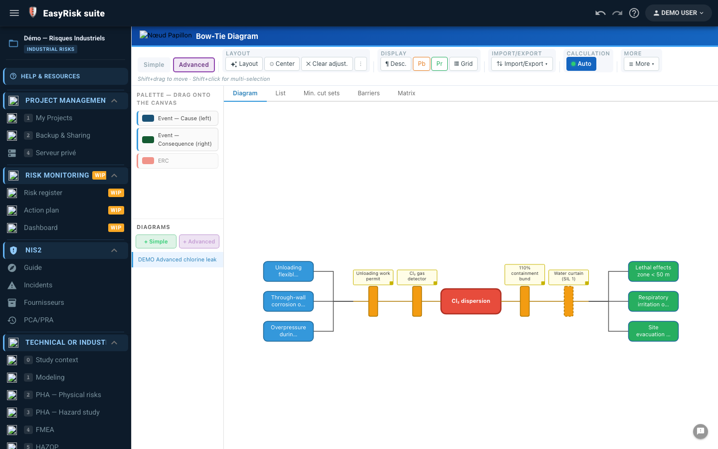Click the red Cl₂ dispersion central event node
coord(471,301)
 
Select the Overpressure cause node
coord(288,331)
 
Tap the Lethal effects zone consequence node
coord(653,271)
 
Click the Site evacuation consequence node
coord(653,331)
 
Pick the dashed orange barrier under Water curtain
coord(568,301)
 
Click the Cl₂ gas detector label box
coord(417,277)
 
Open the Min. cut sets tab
coord(321,93)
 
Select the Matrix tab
coord(406,93)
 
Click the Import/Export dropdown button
coord(522,64)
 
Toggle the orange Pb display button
coord(421,64)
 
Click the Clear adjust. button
coord(327,64)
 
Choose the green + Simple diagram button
coord(156,241)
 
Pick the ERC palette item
coord(178,161)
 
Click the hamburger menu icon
coord(14,13)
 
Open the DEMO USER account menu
coord(678,13)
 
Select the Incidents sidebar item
coord(38,285)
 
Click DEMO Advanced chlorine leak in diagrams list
coord(178,259)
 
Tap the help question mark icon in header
coord(634,13)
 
